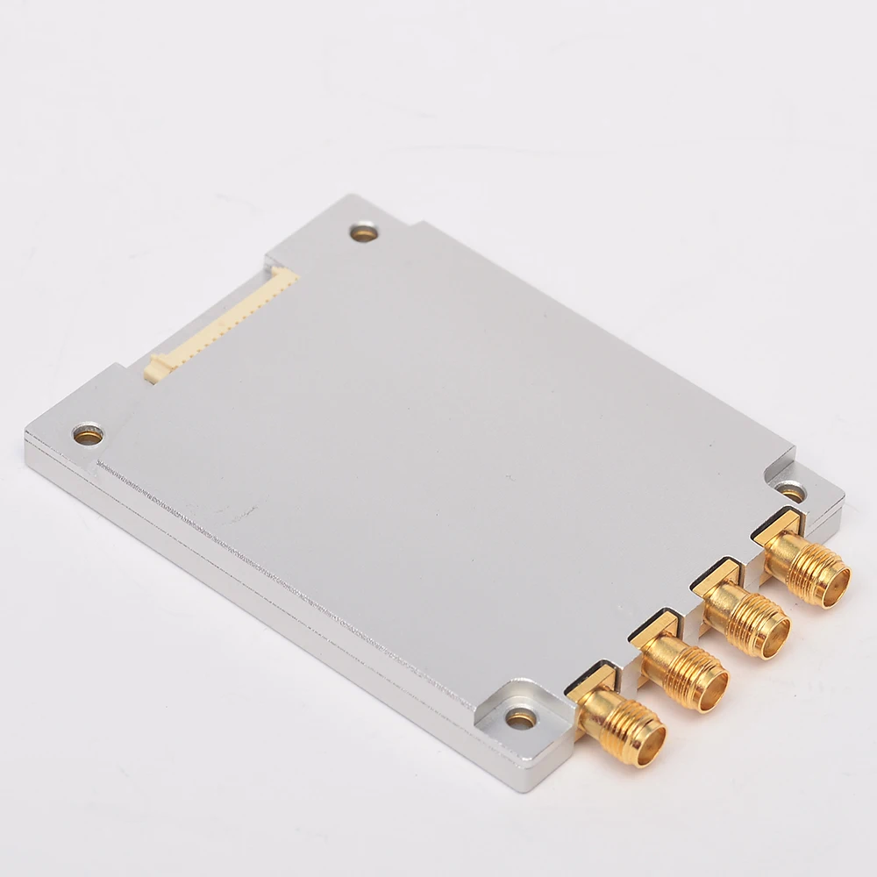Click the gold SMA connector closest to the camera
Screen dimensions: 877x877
pyautogui.click(x=621, y=721)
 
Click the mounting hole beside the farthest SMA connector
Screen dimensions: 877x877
pyautogui.click(x=791, y=493)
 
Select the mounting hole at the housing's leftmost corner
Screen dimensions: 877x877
pyautogui.click(x=87, y=432)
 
